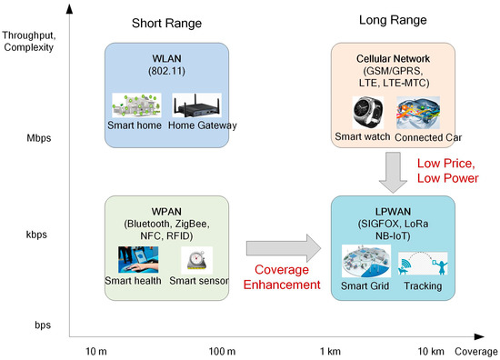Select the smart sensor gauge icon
pyautogui.click(x=196, y=259)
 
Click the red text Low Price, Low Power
pyautogui.click(x=448, y=171)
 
